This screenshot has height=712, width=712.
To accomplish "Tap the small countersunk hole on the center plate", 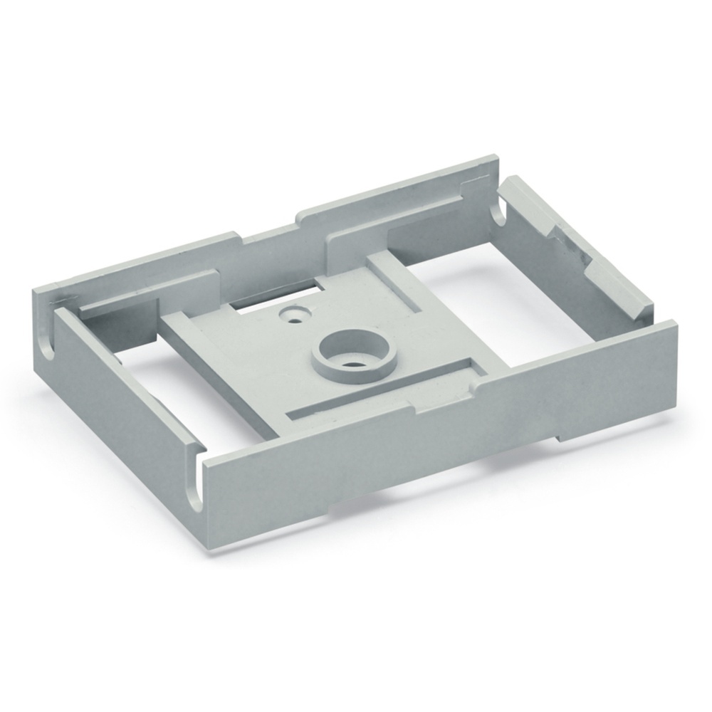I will point(293,313).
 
